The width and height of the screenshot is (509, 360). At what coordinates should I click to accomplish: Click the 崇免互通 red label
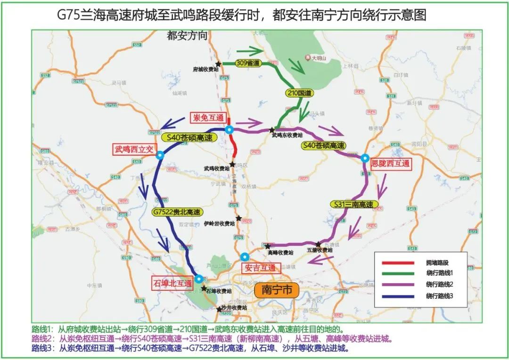click(x=207, y=117)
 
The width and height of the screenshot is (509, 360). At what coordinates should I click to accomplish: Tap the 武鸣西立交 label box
click(x=133, y=149)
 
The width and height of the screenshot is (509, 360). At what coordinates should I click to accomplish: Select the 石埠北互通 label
click(x=172, y=284)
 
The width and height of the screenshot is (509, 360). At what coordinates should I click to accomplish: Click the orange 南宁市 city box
click(x=277, y=289)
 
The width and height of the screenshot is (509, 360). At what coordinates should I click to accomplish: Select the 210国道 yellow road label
click(x=299, y=93)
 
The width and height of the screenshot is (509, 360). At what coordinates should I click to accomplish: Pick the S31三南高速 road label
click(x=354, y=205)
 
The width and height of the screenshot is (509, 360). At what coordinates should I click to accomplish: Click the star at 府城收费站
click(x=218, y=64)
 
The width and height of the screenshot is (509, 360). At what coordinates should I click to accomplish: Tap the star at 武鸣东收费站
click(x=272, y=129)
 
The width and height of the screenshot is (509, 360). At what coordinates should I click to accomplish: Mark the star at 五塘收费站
click(x=319, y=244)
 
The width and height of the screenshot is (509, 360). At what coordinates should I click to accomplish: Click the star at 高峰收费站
click(x=268, y=246)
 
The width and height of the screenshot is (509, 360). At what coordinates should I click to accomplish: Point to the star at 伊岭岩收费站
click(x=239, y=218)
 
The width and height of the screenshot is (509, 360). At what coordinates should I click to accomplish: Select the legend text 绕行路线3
click(x=439, y=296)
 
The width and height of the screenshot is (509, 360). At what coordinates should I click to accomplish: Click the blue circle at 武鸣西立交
click(x=160, y=155)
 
